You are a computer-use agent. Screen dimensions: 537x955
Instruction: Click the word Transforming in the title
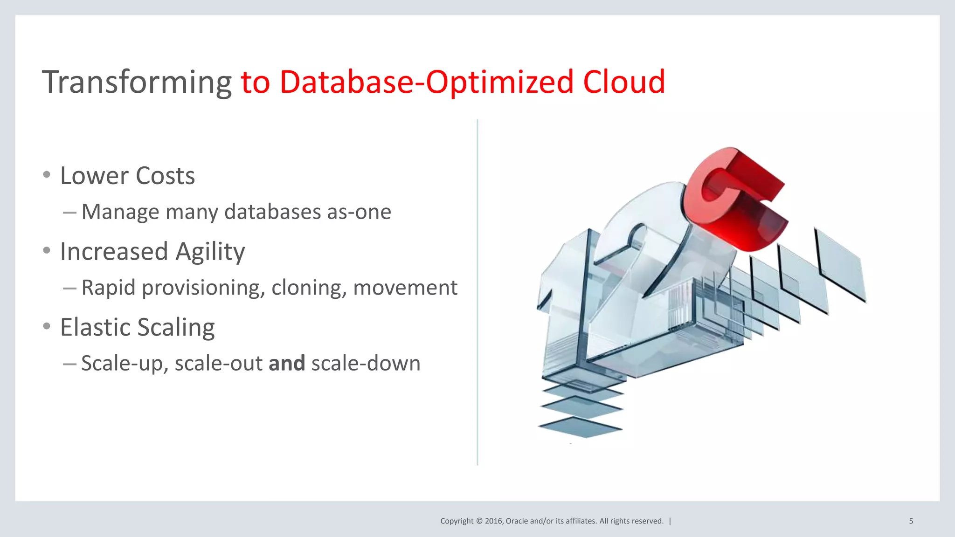[x=137, y=83]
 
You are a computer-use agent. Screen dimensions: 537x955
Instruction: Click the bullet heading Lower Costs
[x=127, y=176]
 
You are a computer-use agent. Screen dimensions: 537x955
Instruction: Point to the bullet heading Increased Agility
[x=152, y=252]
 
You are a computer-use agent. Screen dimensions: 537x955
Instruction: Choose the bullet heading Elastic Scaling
[x=137, y=327]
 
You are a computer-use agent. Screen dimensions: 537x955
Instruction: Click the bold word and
[x=287, y=363]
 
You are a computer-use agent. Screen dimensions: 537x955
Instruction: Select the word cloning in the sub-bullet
[x=309, y=288]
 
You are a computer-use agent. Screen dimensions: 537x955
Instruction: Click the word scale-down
[x=366, y=363]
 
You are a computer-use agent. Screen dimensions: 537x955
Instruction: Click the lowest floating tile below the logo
[x=581, y=427]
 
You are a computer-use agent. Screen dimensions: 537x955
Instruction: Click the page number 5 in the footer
[x=911, y=521]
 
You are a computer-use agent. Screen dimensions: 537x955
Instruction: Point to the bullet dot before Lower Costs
[x=46, y=175]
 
